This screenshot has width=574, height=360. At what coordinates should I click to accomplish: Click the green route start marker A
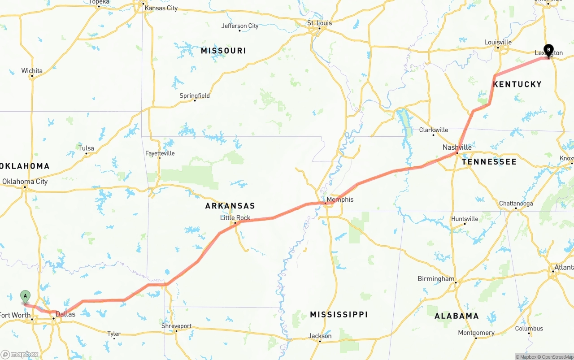(26, 296)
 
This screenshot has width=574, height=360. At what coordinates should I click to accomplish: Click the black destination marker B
(548, 50)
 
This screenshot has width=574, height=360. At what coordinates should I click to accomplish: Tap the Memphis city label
(340, 200)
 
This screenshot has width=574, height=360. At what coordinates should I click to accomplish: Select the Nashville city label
(457, 147)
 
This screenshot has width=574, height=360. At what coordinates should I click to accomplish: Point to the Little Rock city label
(235, 218)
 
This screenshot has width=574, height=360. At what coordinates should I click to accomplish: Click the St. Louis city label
(319, 23)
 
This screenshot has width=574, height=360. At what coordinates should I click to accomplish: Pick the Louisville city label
(498, 42)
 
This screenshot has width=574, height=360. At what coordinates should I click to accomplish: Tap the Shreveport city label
(176, 326)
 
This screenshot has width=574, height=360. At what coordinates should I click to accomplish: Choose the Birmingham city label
(436, 278)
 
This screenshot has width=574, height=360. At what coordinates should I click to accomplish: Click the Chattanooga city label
(516, 204)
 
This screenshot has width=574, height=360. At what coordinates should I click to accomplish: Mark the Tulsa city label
(86, 148)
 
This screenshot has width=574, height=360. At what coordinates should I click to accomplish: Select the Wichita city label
(32, 71)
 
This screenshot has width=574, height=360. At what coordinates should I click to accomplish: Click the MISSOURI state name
(223, 51)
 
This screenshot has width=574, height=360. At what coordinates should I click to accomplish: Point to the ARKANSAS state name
(230, 206)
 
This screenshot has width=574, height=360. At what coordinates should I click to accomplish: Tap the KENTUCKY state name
(517, 84)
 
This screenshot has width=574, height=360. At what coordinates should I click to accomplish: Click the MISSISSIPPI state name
(339, 315)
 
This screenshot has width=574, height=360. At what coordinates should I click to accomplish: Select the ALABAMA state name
(457, 316)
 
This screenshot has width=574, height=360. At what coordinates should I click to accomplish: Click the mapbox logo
(20, 354)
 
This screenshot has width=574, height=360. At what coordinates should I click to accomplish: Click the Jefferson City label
(240, 26)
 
